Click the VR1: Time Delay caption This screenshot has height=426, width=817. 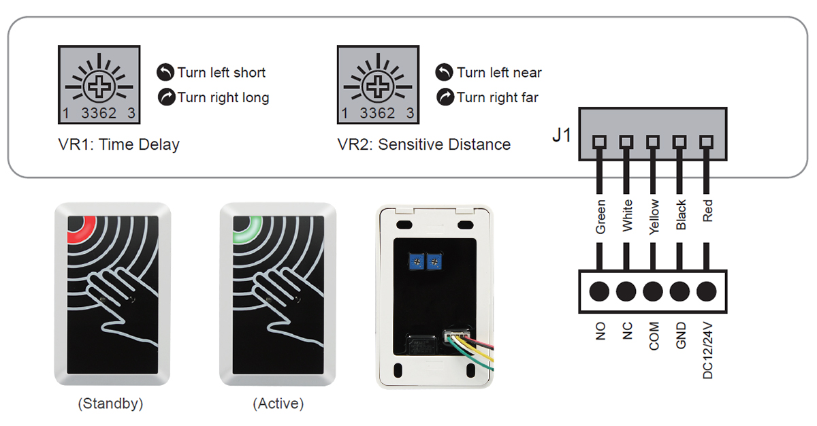118,144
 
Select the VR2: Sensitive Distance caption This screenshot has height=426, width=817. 423,144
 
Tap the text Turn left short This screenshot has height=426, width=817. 221,73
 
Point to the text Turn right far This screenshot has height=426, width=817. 497,97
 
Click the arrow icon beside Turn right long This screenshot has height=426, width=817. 165,97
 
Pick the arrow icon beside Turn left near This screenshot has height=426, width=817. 444,72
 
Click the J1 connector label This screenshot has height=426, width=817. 562,135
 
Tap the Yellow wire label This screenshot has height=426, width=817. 654,217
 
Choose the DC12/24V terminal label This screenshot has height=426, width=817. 708,350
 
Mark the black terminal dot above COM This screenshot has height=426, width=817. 653,291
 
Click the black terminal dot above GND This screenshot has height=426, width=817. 680,291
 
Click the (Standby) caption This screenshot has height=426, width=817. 110,404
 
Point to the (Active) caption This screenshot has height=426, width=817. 278,404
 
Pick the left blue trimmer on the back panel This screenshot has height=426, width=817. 415,261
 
